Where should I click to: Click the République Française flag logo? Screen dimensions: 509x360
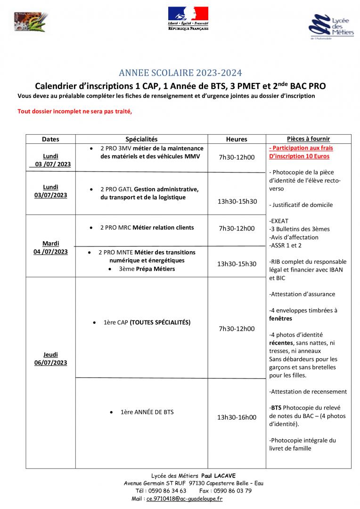188,18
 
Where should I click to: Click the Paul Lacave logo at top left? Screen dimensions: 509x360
31,23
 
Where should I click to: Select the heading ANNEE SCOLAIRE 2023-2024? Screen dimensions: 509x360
180,73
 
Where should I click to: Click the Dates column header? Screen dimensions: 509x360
51,139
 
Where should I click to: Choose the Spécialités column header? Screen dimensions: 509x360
141,139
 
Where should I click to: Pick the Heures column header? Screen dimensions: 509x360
237,139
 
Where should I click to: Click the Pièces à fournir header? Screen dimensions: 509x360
308,139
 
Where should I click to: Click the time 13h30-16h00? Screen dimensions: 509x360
237,417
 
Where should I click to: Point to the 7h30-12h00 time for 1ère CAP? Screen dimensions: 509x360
237,328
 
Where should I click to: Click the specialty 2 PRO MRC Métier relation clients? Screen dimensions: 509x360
147,228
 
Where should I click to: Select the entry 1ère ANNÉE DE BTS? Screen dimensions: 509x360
147,412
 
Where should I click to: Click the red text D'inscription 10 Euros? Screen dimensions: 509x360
299,156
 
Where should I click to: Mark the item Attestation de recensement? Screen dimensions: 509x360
308,392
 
